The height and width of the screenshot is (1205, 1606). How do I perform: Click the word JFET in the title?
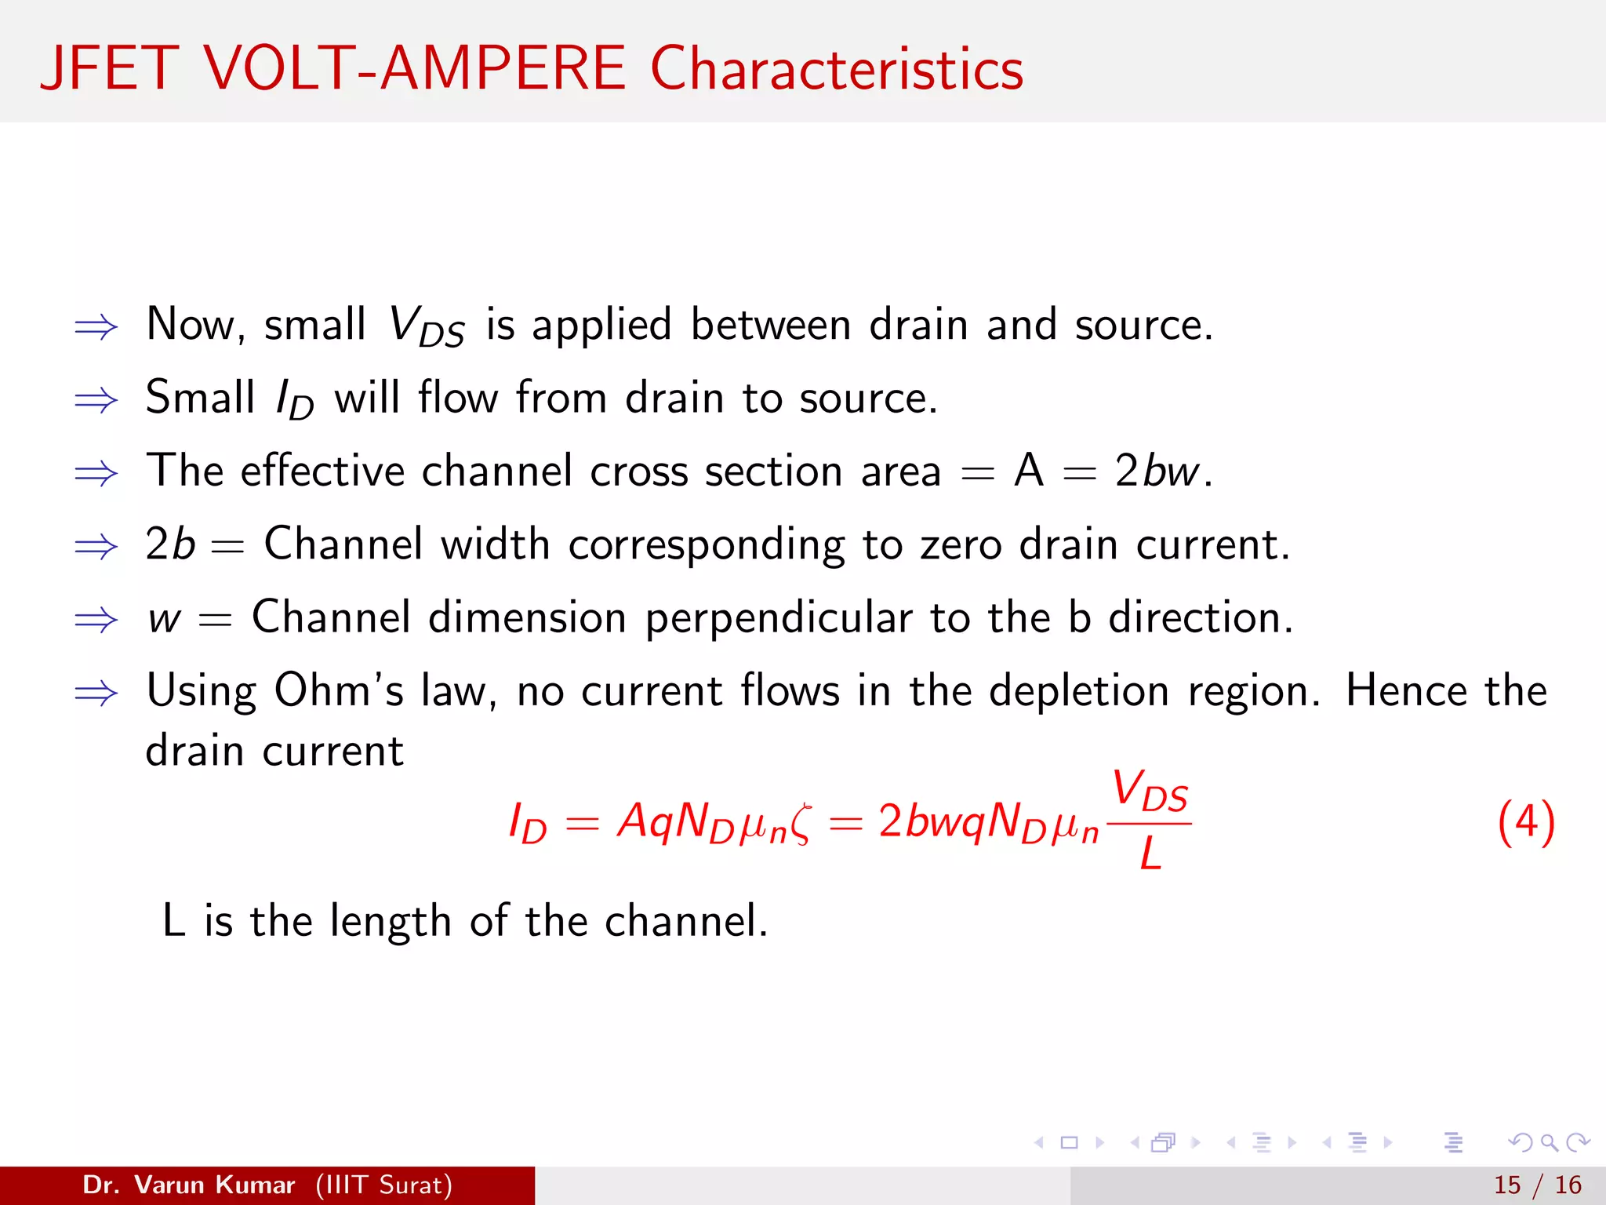[x=110, y=69]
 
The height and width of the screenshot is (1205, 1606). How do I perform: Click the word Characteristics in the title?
[x=837, y=69]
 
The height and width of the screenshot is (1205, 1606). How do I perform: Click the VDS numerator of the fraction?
[x=1150, y=791]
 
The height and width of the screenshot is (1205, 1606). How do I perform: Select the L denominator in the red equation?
[x=1150, y=854]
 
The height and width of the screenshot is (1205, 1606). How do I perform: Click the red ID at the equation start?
[x=527, y=824]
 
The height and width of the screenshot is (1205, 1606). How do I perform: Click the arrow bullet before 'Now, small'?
[x=96, y=326]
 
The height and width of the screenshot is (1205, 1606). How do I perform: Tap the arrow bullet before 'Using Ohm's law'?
[x=96, y=693]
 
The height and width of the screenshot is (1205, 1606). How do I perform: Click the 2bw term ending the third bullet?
[x=1157, y=471]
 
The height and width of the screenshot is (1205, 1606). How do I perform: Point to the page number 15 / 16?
[x=1537, y=1185]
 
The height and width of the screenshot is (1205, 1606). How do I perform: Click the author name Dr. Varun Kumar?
[x=188, y=1185]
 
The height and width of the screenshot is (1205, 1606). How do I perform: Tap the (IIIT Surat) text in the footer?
[x=384, y=1185]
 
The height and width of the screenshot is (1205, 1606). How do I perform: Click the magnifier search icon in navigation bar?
[x=1549, y=1142]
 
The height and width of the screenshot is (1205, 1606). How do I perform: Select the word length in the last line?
[x=390, y=922]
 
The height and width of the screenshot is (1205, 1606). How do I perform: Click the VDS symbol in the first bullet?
[x=427, y=326]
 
